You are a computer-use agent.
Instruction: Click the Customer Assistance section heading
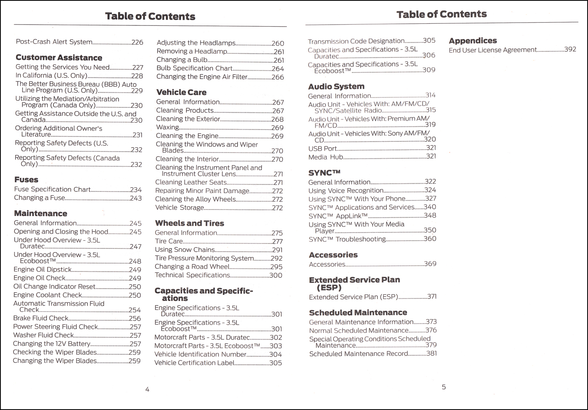tap(59, 58)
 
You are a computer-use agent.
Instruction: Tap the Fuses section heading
tap(26, 180)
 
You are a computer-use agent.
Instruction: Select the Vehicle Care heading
tap(181, 92)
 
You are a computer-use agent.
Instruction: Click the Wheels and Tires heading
tap(190, 223)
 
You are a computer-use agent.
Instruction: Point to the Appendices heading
tap(473, 41)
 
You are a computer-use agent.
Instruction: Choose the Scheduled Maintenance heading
tap(358, 312)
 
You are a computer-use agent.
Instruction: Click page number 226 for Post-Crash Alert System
tap(137, 42)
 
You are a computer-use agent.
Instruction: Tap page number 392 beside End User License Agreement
tap(570, 50)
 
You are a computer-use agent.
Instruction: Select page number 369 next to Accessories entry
tap(430, 264)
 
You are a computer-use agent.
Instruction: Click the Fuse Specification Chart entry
tap(52, 189)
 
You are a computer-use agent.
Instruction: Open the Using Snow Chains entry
tap(185, 250)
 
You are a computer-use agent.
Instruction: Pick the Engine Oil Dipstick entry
tap(42, 269)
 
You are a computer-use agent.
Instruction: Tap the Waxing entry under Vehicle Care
tap(167, 127)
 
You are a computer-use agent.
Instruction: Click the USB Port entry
tap(323, 148)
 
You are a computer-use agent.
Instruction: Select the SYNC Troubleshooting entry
tap(347, 239)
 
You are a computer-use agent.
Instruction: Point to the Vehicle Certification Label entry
tap(194, 363)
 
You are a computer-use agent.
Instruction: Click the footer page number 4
tap(147, 389)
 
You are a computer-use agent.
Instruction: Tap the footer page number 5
tap(444, 387)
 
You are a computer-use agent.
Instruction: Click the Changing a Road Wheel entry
tap(192, 266)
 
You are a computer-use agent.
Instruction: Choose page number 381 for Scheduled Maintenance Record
tap(431, 353)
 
